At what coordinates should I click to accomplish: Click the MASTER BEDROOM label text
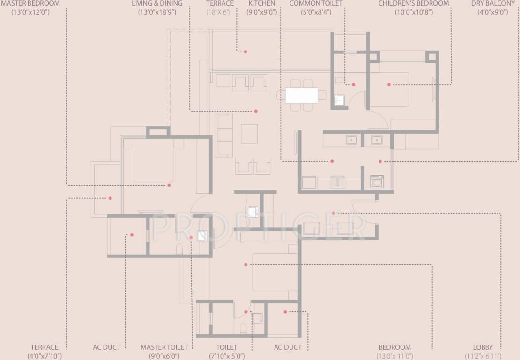[x=30, y=4]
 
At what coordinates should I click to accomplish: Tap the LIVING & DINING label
[x=157, y=4]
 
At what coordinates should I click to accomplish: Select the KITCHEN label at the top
[x=261, y=4]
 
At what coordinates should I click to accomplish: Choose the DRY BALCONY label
[x=493, y=4]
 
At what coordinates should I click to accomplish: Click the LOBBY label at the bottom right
[x=483, y=347]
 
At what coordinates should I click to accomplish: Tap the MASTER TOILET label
[x=164, y=347]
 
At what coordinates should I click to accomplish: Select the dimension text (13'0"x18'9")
[x=157, y=12]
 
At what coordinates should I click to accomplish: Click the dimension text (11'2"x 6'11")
[x=483, y=356]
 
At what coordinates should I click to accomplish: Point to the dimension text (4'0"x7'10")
[x=45, y=356]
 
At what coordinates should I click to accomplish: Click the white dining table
[x=301, y=95]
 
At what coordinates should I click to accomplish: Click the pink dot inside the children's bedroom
[x=389, y=84]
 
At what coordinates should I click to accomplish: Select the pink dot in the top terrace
[x=245, y=52]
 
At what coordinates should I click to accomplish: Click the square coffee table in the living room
[x=249, y=133]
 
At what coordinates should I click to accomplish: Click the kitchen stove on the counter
[x=337, y=182]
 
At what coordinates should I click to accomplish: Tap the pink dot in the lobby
[x=334, y=213]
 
